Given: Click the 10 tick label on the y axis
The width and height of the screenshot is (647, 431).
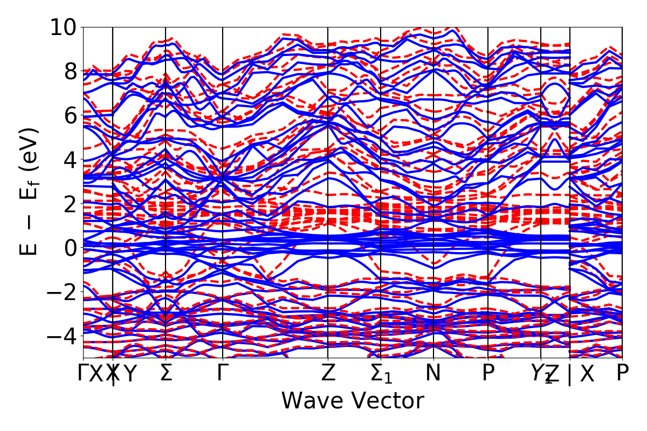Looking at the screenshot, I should click(64, 27).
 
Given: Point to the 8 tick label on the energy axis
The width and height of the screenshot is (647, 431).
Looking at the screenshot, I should click(70, 71).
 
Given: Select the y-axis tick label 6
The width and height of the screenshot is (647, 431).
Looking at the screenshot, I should click(70, 115).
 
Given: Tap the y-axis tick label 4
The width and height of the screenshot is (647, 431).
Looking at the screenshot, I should click(70, 159).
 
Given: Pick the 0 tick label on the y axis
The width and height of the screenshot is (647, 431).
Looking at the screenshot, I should click(70, 248).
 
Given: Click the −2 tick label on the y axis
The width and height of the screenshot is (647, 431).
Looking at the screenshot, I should click(64, 292).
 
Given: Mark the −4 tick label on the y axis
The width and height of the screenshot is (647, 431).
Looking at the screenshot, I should click(64, 336).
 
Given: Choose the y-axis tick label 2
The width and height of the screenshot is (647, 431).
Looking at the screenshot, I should click(70, 204).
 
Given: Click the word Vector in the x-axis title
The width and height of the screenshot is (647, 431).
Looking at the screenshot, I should click(389, 401).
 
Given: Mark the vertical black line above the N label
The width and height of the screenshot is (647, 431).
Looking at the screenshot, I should click(433, 162).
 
